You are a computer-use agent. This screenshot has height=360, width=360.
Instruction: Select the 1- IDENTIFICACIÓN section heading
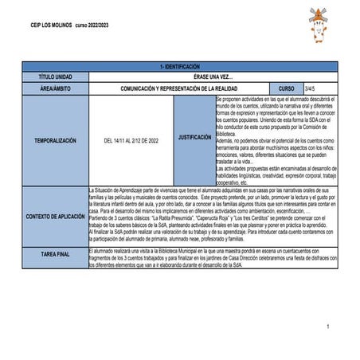click(180, 67)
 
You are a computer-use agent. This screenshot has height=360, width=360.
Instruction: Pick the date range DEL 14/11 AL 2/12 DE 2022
click(131, 140)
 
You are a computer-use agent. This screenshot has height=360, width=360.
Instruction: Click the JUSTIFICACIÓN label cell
click(194, 137)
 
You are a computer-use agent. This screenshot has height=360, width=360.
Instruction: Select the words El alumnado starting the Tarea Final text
click(101, 249)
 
